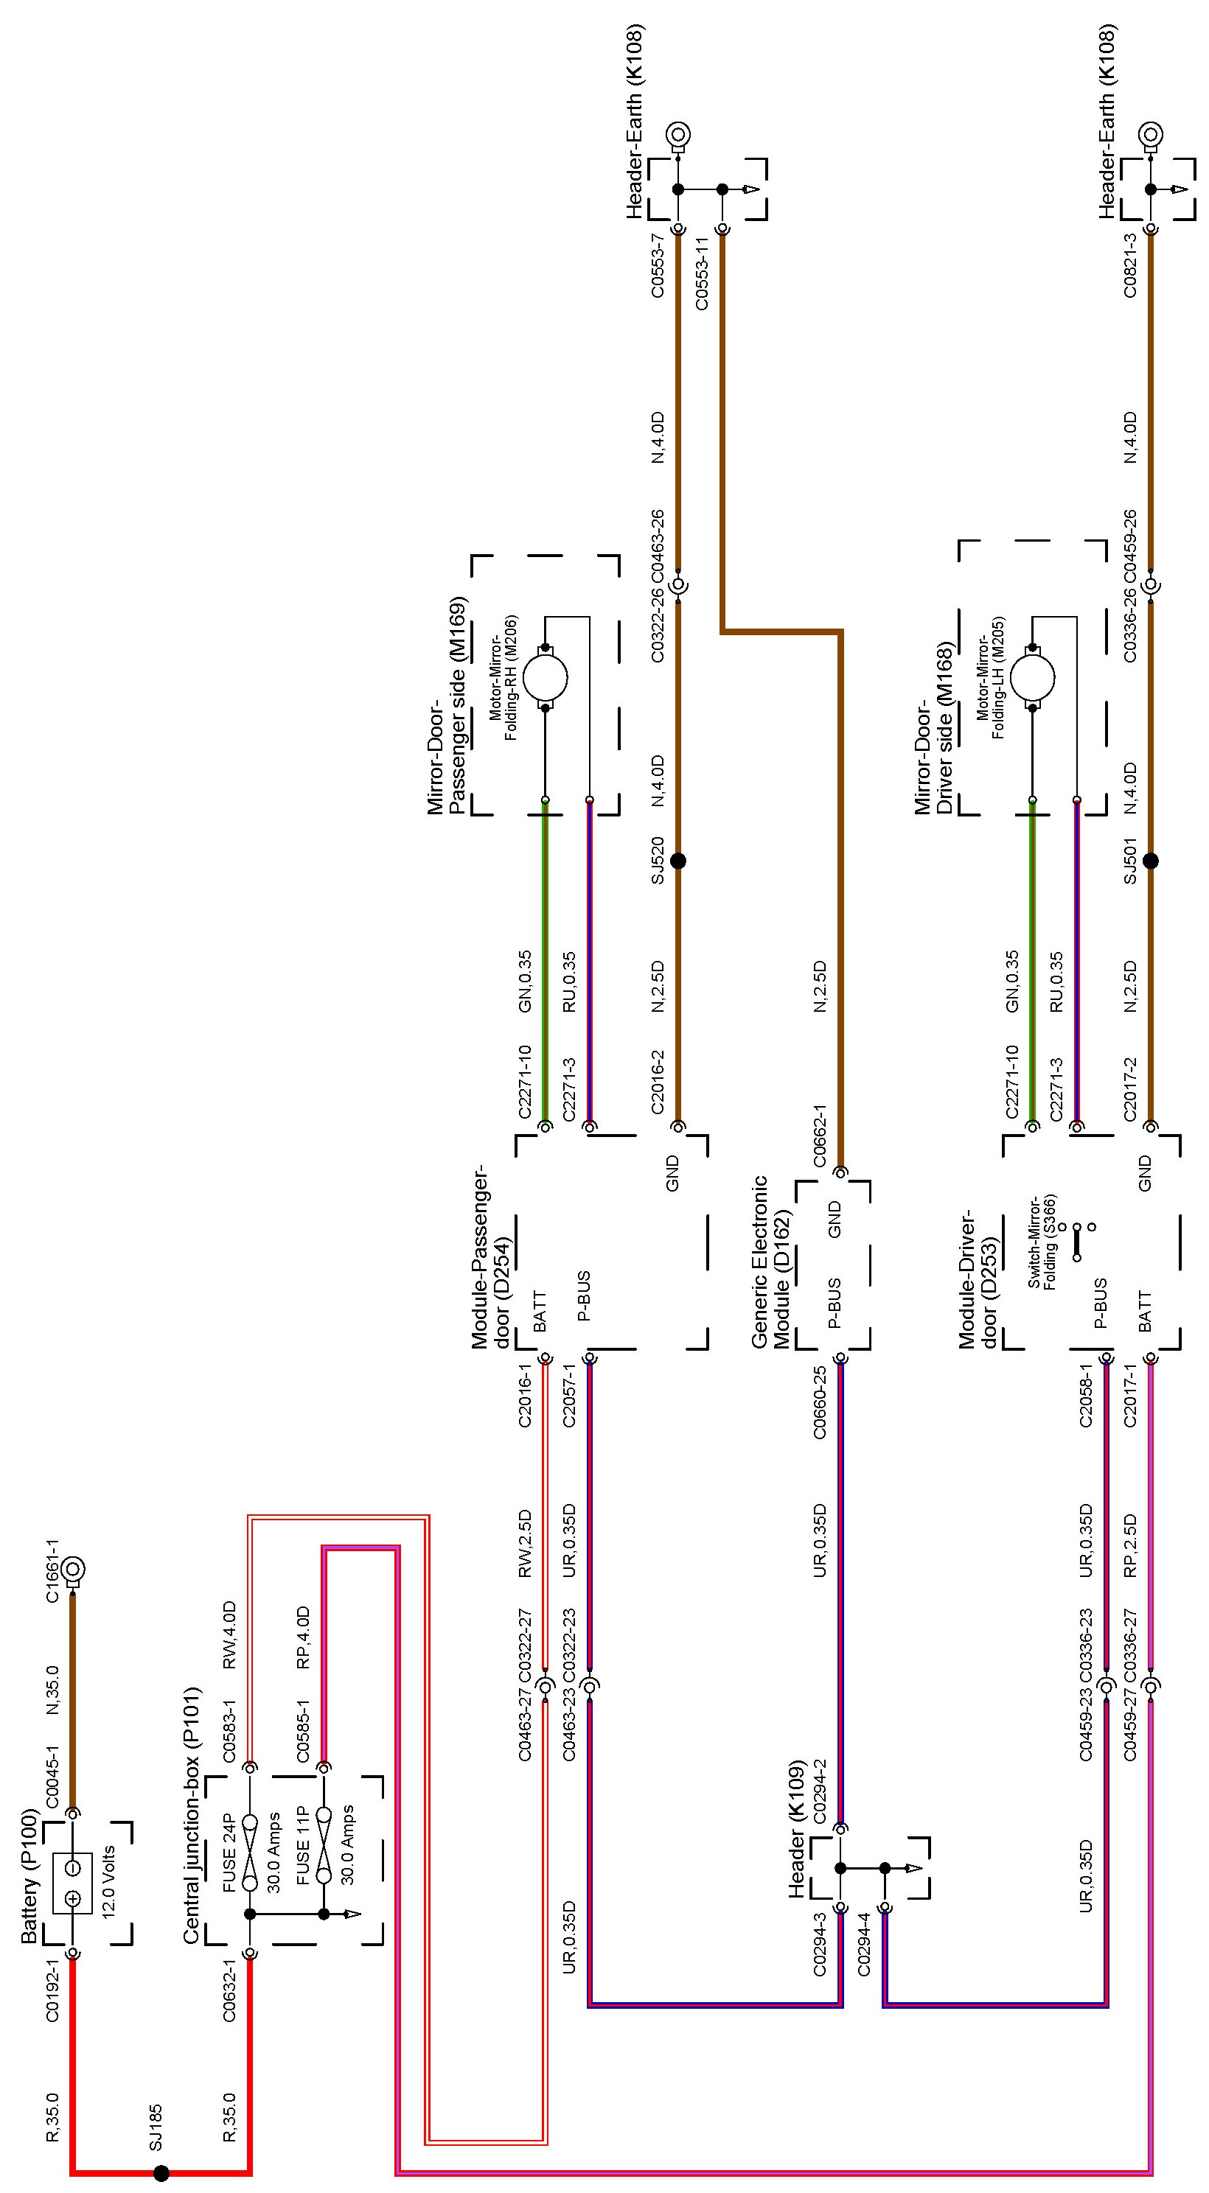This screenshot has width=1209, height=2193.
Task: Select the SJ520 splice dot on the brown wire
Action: click(677, 861)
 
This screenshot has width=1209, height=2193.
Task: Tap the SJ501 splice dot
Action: click(1150, 861)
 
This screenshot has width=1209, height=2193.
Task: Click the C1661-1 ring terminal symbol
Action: click(72, 1567)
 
